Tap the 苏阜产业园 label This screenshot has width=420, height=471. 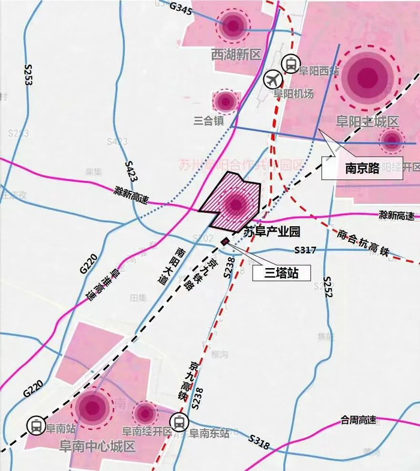click(x=271, y=231)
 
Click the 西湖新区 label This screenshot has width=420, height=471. click(x=236, y=55)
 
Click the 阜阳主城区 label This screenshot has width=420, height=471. click(x=367, y=122)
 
